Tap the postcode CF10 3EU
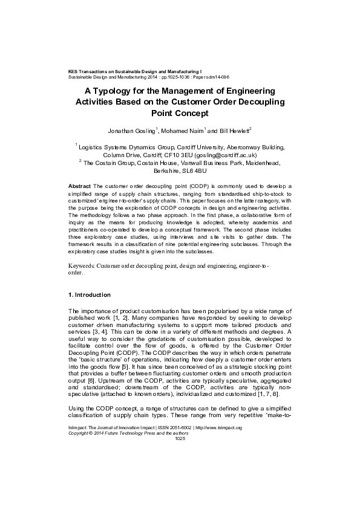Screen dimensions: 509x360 [x=176, y=154]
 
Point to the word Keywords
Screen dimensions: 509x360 [x=79, y=266]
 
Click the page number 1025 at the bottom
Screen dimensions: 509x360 [x=180, y=438]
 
